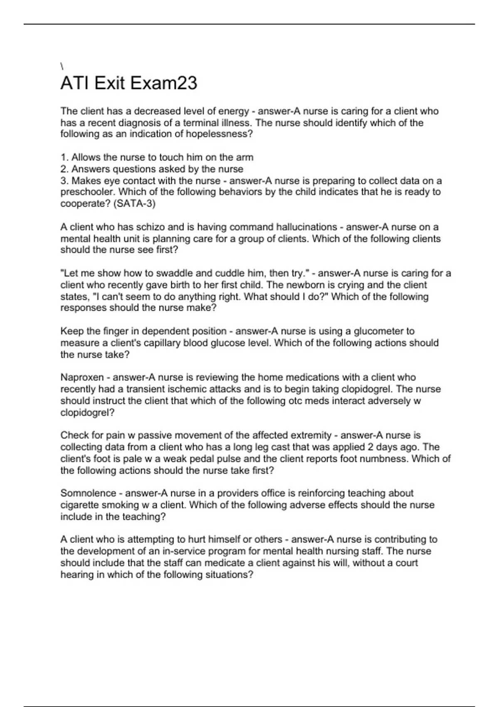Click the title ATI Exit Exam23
[129, 83]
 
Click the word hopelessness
[217, 134]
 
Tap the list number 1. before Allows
[64, 158]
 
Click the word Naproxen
[82, 378]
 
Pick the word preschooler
[86, 193]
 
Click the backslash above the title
[62, 66]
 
